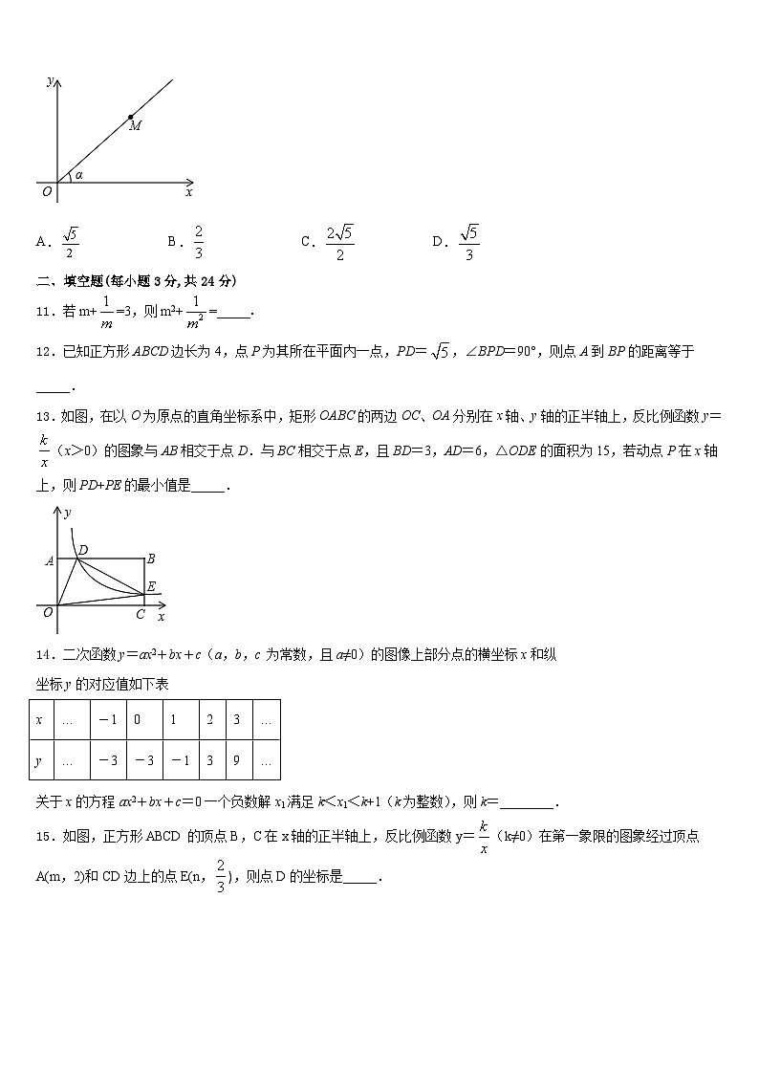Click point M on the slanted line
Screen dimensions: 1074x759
point(131,118)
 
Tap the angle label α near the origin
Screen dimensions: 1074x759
point(78,174)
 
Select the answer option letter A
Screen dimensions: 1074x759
point(42,242)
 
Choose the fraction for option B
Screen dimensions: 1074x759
point(198,242)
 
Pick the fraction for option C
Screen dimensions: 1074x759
point(339,242)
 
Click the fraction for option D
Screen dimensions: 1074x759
point(468,242)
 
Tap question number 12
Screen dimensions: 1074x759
point(44,352)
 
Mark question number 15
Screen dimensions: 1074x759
point(44,836)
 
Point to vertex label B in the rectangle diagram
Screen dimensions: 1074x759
point(150,559)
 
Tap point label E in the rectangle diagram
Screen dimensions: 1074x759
point(151,587)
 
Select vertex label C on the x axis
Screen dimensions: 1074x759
point(141,614)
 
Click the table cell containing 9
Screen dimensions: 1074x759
point(237,761)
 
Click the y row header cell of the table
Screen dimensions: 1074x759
point(39,761)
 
